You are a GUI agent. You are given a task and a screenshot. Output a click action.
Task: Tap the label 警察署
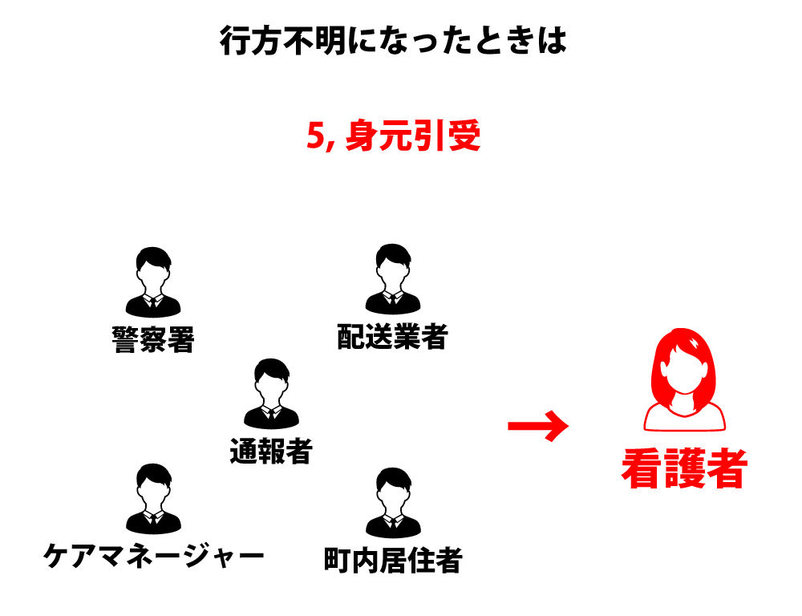153,340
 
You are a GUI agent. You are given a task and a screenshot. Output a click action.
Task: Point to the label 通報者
271,452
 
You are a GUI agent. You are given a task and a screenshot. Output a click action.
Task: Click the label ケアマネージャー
153,554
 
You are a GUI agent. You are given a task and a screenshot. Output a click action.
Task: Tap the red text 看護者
684,469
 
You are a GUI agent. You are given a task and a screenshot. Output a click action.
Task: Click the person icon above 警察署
153,281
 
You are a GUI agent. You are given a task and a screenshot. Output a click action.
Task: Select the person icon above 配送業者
392,279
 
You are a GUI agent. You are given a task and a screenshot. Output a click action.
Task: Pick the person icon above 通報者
271,394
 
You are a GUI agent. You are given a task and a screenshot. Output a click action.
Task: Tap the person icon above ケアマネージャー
153,499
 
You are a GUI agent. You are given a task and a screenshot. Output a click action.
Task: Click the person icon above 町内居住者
392,503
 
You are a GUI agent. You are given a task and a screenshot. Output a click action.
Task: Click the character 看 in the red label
642,469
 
